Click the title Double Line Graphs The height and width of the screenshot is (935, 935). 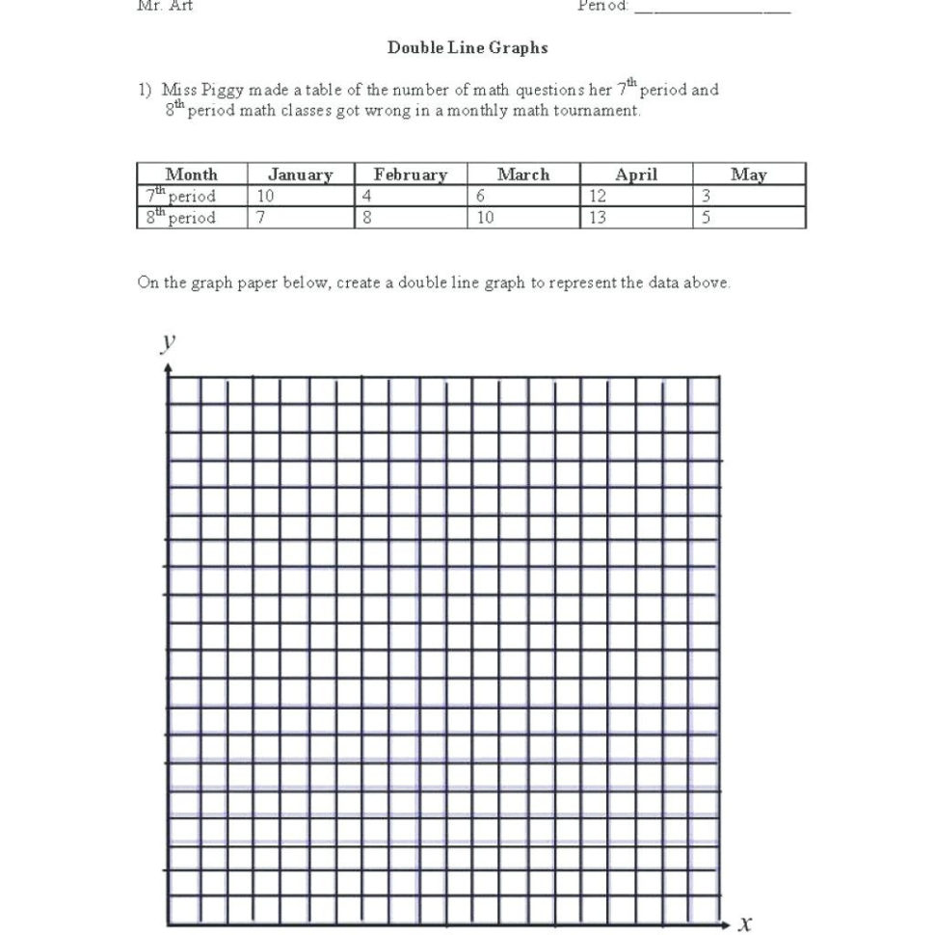tap(467, 47)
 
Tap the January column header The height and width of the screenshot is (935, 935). tap(300, 174)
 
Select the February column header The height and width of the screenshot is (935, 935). tap(411, 174)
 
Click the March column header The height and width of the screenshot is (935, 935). tap(523, 174)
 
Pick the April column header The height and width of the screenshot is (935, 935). tap(636, 174)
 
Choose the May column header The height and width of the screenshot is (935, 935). tap(749, 174)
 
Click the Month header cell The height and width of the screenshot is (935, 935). tap(192, 174)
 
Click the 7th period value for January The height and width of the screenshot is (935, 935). tap(266, 196)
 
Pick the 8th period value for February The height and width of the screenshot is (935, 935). tap(367, 218)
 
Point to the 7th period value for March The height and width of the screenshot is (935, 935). tap(480, 196)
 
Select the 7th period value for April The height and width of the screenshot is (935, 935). tap(598, 196)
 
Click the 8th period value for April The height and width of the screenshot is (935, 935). tap(598, 218)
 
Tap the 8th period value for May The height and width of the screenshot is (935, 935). tap(707, 218)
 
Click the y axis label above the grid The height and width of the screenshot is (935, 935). tap(169, 341)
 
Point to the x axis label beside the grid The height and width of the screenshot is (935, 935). tap(744, 923)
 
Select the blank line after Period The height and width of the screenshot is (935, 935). tap(712, 8)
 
